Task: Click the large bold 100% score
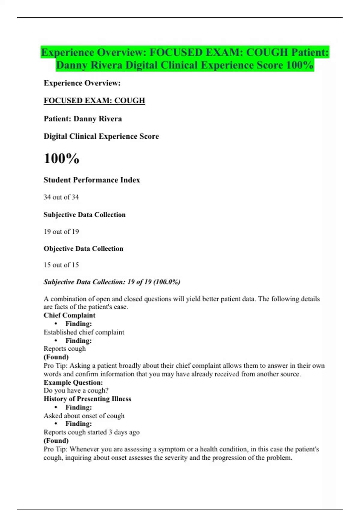pyautogui.click(x=61, y=158)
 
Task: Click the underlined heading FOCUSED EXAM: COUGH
pyautogui.click(x=94, y=100)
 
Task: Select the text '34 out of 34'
pyautogui.click(x=61, y=197)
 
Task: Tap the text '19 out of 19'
pyautogui.click(x=61, y=232)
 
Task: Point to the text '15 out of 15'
pyautogui.click(x=61, y=265)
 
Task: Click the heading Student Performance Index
pyautogui.click(x=92, y=180)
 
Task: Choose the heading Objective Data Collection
pyautogui.click(x=83, y=249)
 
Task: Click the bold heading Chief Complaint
pyautogui.click(x=69, y=315)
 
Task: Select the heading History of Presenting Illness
pyautogui.click(x=87, y=399)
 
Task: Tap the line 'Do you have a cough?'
pyautogui.click(x=76, y=390)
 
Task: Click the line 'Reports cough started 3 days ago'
pyautogui.click(x=91, y=432)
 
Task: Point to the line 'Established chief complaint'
pyautogui.click(x=84, y=332)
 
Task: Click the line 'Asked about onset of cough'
pyautogui.click(x=84, y=415)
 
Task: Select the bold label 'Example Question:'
pyautogui.click(x=73, y=382)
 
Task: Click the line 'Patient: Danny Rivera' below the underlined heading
pyautogui.click(x=83, y=119)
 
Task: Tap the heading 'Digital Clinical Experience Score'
pyautogui.click(x=101, y=136)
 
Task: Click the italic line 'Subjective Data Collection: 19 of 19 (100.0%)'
pyautogui.click(x=112, y=282)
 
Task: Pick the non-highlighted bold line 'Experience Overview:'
pyautogui.click(x=82, y=83)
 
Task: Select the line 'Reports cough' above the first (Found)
pyautogui.click(x=64, y=349)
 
